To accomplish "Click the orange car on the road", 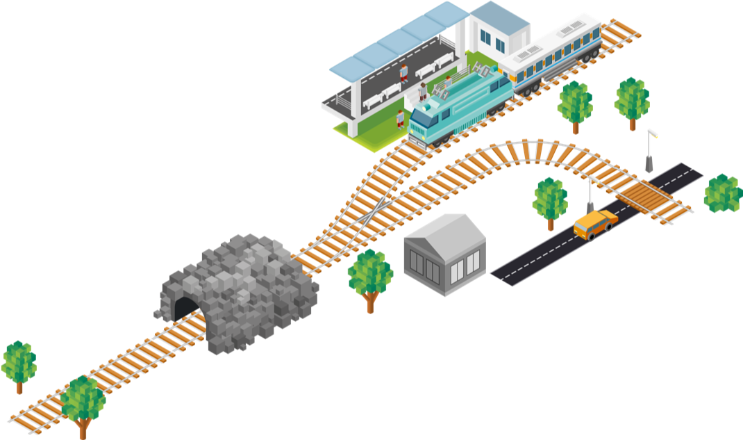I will [594, 223].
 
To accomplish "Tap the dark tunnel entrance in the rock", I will [184, 307].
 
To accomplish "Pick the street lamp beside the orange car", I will [590, 195].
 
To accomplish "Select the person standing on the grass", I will [401, 118].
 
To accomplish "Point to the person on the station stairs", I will [423, 91].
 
